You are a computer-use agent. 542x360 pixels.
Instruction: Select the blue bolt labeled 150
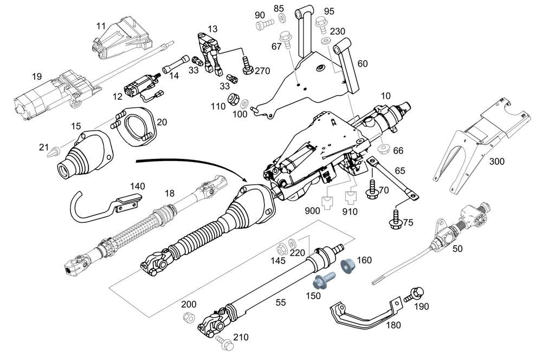tap(323, 281)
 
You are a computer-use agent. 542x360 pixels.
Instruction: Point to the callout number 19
tap(36, 77)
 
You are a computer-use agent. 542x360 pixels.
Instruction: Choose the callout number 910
tap(350, 211)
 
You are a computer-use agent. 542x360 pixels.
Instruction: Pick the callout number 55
tap(280, 303)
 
